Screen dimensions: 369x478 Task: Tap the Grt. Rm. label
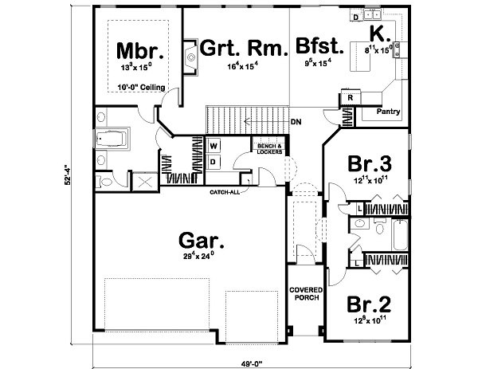point(243,49)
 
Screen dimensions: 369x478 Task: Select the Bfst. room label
point(320,46)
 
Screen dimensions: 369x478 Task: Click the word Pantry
point(388,112)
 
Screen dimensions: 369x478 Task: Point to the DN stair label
point(296,122)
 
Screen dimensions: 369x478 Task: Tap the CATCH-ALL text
point(225,192)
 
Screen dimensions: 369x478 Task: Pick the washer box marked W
point(214,147)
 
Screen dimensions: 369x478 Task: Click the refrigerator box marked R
point(351,97)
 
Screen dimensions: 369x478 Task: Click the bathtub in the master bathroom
point(112,140)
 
